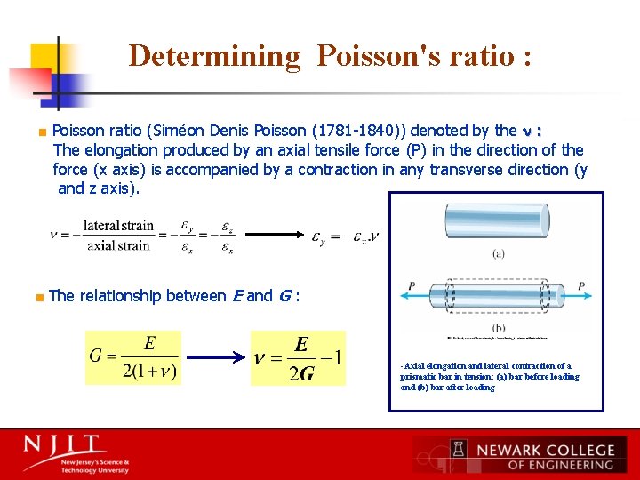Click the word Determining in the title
click(215, 56)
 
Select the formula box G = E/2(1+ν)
click(133, 358)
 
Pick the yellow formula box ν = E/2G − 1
click(298, 358)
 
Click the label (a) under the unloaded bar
click(498, 253)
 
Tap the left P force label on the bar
click(412, 286)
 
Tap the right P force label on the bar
click(580, 286)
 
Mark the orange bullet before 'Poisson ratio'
click(42, 132)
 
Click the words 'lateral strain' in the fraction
click(118, 227)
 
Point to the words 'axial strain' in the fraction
click(118, 245)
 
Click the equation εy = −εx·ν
click(346, 237)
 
